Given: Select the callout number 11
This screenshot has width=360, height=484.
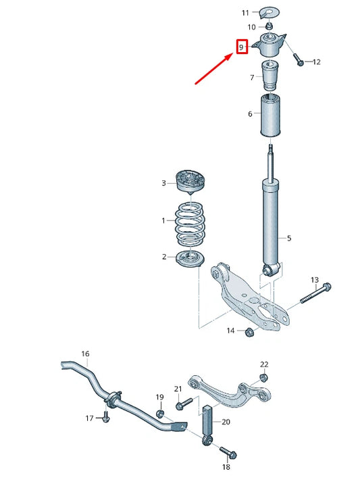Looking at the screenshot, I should point(245,13).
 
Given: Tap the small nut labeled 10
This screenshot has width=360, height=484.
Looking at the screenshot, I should point(268,26).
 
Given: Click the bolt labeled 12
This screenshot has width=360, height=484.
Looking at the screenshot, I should point(299,60).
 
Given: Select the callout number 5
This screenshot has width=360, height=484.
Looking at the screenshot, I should point(289,238).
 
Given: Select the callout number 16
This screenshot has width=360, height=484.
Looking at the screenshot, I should point(85,354).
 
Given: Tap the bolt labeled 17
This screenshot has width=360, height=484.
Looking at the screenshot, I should point(106,418).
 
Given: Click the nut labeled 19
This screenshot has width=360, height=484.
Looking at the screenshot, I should point(160,413).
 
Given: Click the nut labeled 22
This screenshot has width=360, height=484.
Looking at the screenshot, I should point(264,377).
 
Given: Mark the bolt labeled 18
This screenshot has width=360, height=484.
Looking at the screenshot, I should point(225,452).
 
